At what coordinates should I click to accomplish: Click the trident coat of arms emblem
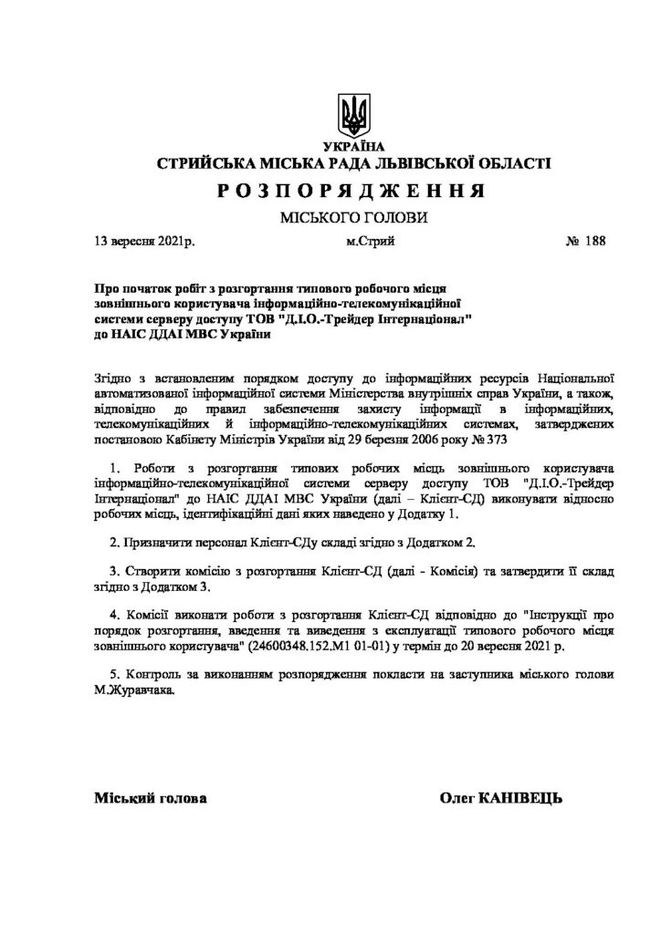[x=354, y=114]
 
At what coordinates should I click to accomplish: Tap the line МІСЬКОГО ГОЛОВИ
[x=352, y=218]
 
